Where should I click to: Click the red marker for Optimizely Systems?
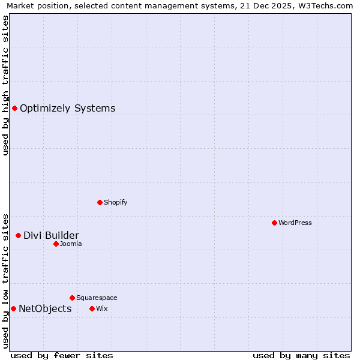click(x=14, y=108)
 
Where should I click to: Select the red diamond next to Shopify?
click(x=100, y=202)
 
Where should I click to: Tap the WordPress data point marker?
click(x=274, y=223)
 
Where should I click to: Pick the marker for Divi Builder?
click(x=18, y=235)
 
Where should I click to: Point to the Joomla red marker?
click(x=56, y=244)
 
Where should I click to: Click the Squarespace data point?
click(x=72, y=298)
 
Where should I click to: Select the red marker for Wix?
click(x=92, y=308)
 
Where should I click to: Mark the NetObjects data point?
click(x=13, y=308)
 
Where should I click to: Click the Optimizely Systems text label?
click(x=67, y=109)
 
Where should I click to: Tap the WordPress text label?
click(x=295, y=223)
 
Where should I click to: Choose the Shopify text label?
click(x=115, y=202)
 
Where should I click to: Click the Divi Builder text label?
click(x=51, y=235)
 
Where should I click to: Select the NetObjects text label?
click(x=45, y=309)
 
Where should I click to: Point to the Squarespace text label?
click(x=97, y=298)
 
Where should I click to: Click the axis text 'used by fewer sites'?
click(x=62, y=355)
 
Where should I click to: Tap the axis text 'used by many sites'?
click(x=301, y=355)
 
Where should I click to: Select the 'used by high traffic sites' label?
click(x=5, y=85)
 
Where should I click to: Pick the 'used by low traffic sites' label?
click(x=5, y=280)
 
